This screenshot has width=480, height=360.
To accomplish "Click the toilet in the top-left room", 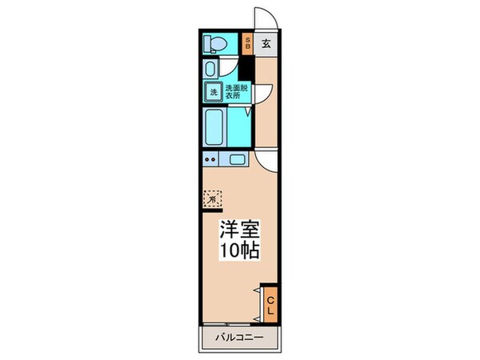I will tap(215, 42).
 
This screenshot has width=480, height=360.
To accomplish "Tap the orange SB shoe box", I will tap(248, 44).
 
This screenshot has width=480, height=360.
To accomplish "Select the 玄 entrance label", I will tap(266, 44).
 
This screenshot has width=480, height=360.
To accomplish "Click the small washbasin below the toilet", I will tap(210, 68).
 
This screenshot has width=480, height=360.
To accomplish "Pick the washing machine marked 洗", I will tap(214, 92).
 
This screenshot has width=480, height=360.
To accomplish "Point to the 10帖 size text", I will tap(239, 250).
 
